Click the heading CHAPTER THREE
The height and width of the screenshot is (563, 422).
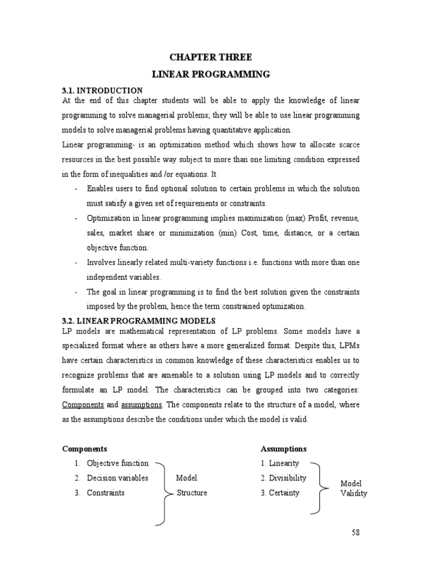click(x=212, y=57)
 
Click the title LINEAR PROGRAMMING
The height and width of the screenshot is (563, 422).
click(x=212, y=74)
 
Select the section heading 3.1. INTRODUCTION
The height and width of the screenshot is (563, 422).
click(x=102, y=90)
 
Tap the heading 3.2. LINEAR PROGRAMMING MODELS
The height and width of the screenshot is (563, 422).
click(x=138, y=321)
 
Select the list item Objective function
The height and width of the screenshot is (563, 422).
click(x=117, y=463)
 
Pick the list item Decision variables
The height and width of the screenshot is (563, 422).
click(x=117, y=478)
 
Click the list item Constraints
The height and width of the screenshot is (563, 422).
click(x=105, y=493)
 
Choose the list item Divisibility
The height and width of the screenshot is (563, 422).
click(x=287, y=478)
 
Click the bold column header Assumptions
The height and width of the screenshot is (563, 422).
click(x=284, y=449)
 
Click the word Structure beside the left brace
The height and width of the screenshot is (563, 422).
click(x=192, y=493)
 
